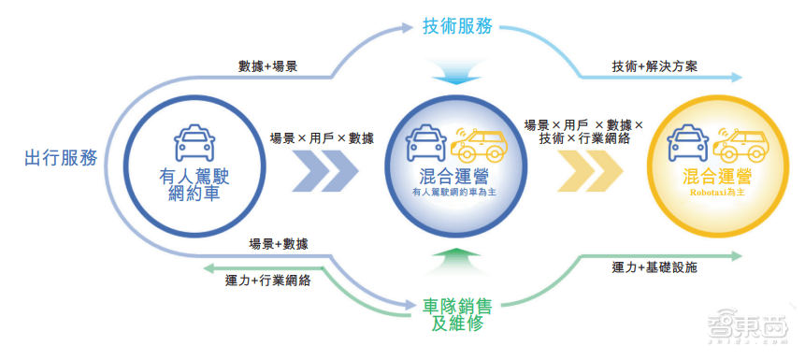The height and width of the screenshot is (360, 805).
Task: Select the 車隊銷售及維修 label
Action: [x=455, y=314]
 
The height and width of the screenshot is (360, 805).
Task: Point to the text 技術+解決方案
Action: [x=654, y=67]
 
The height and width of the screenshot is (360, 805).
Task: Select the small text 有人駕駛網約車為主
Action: [x=455, y=192]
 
